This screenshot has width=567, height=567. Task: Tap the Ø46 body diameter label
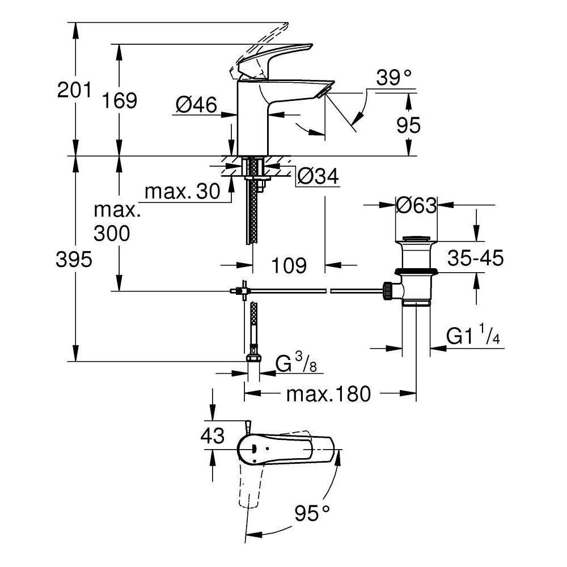coord(196,105)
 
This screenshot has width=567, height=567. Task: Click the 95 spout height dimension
coord(408,125)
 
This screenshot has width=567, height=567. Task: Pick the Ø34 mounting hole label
coord(318,177)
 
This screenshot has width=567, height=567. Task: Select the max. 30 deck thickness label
coord(182,192)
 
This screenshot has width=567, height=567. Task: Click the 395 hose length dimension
coord(74,260)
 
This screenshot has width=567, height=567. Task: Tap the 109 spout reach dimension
coord(289,265)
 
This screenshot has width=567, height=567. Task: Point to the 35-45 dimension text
coord(475,259)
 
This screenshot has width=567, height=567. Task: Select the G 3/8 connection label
coord(294,363)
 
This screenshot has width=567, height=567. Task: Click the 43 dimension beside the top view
coord(212,436)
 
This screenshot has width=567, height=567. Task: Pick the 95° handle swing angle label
coord(312,514)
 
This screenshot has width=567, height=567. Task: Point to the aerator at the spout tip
coord(325,91)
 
